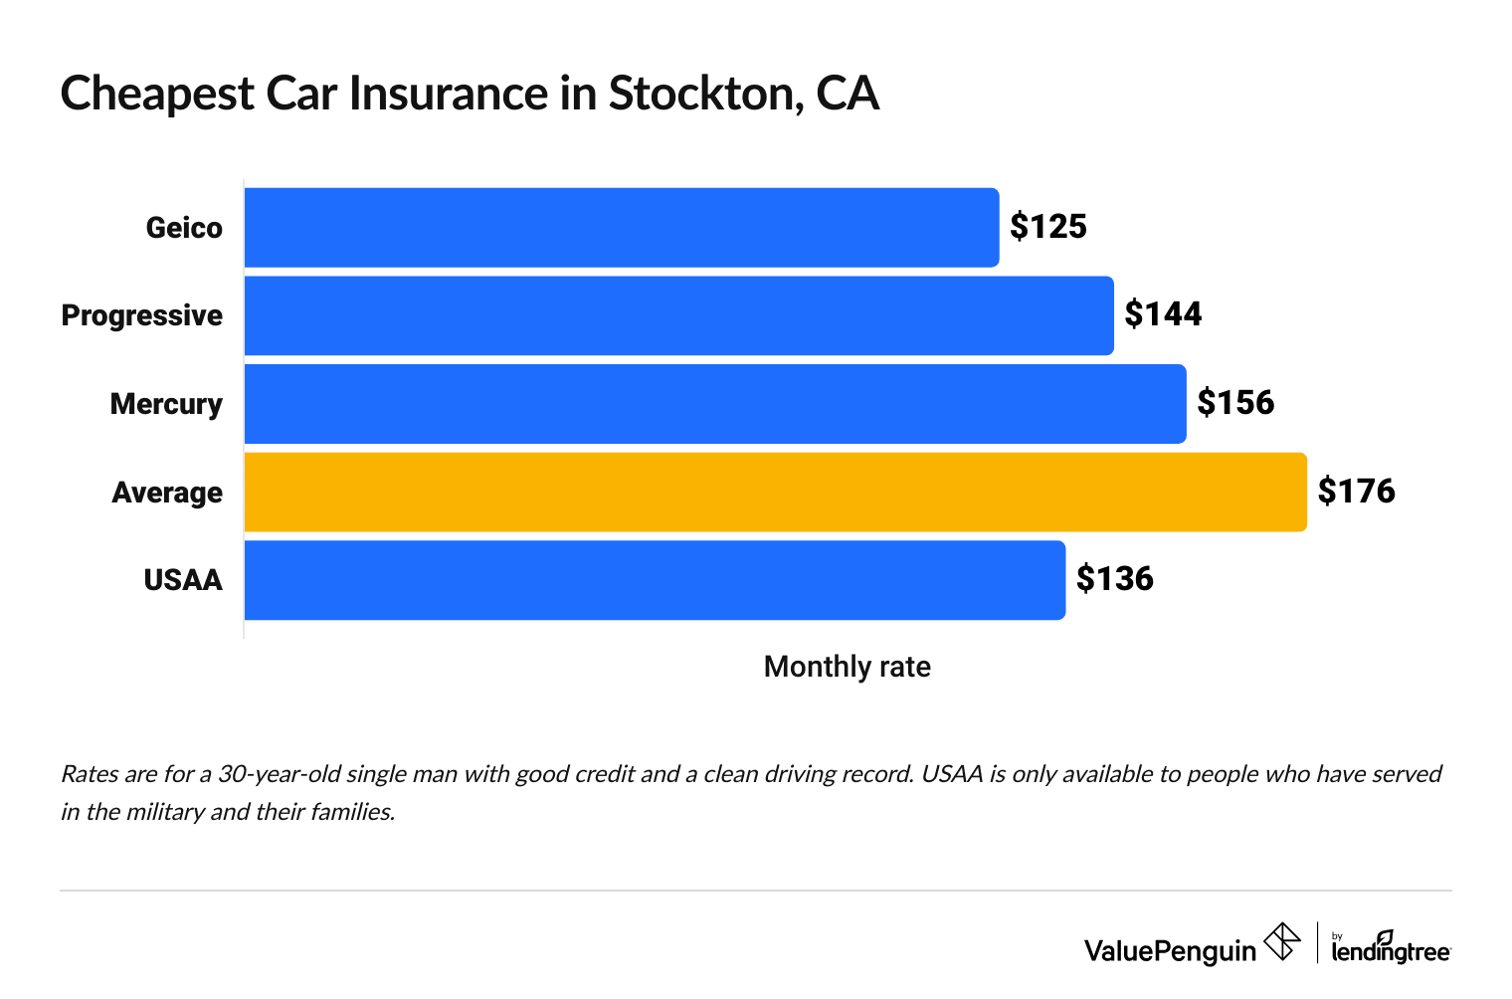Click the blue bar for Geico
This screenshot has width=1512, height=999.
(622, 228)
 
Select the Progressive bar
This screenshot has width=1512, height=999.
(678, 315)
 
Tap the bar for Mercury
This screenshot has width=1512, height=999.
(714, 404)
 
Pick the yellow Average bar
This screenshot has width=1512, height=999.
(775, 493)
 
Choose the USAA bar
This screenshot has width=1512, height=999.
(655, 580)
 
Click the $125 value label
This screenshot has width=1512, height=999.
(1048, 227)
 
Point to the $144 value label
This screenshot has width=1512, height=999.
(1163, 314)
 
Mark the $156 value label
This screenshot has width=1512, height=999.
(1235, 403)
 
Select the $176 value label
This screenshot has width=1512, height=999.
(1356, 492)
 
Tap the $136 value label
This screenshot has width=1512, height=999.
(1114, 579)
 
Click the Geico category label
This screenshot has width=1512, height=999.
(184, 228)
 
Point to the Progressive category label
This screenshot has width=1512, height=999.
(142, 315)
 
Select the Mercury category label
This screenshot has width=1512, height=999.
(166, 404)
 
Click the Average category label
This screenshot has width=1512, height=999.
(167, 493)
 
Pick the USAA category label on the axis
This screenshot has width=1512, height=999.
(183, 580)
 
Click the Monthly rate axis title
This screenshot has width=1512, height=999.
(847, 667)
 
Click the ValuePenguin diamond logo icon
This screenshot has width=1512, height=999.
(1282, 941)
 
